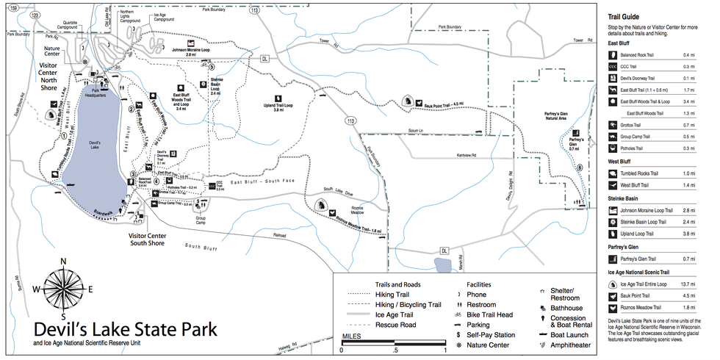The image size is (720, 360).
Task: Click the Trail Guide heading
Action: pyautogui.click(x=623, y=16)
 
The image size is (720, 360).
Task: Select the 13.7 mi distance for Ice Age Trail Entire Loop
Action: pyautogui.click(x=688, y=284)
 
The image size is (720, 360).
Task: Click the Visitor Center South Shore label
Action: pyautogui.click(x=147, y=239)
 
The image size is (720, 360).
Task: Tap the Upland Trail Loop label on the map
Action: pyautogui.click(x=278, y=109)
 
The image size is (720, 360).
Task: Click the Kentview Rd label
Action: pyautogui.click(x=465, y=156)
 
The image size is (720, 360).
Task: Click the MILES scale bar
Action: pyautogui.click(x=395, y=343)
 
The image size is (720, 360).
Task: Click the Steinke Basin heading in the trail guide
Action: pyautogui.click(x=626, y=198)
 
